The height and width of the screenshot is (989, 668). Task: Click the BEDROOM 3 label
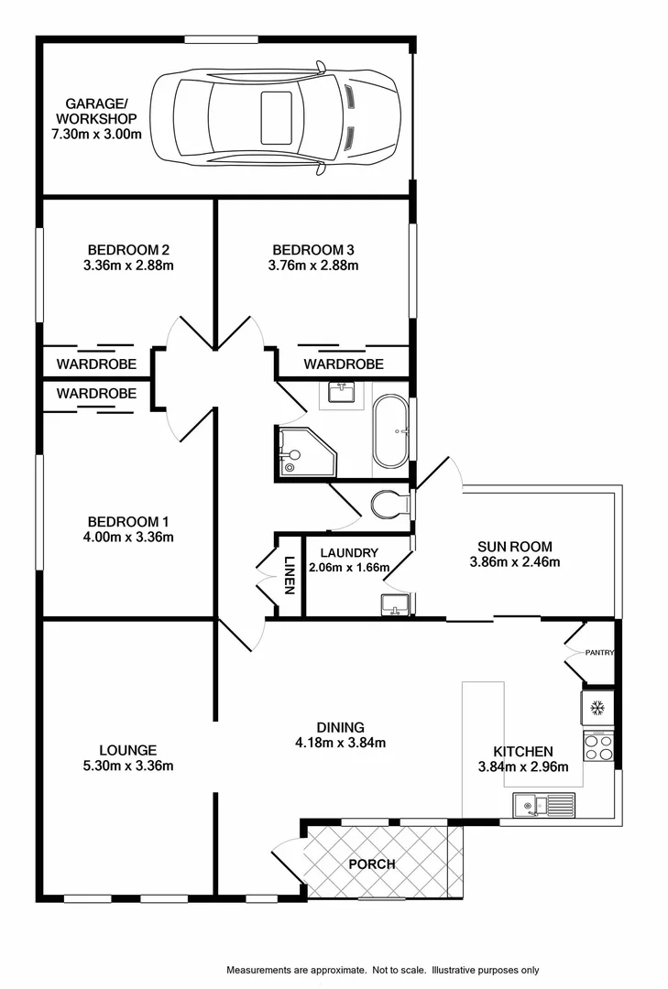pos(313,249)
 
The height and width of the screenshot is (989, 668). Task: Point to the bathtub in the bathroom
pos(392,431)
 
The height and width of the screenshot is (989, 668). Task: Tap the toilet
pos(391,504)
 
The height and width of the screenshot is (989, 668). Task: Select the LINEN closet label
pos(289,576)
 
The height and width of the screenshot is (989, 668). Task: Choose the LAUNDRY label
pos(349,552)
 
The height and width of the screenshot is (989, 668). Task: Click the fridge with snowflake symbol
pos(597,708)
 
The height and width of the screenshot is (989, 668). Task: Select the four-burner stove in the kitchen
pos(597,747)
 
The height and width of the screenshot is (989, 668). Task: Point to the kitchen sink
pos(542,805)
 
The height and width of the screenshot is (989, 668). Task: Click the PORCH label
pos(372,864)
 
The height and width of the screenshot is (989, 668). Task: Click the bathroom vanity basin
pos(341,394)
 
